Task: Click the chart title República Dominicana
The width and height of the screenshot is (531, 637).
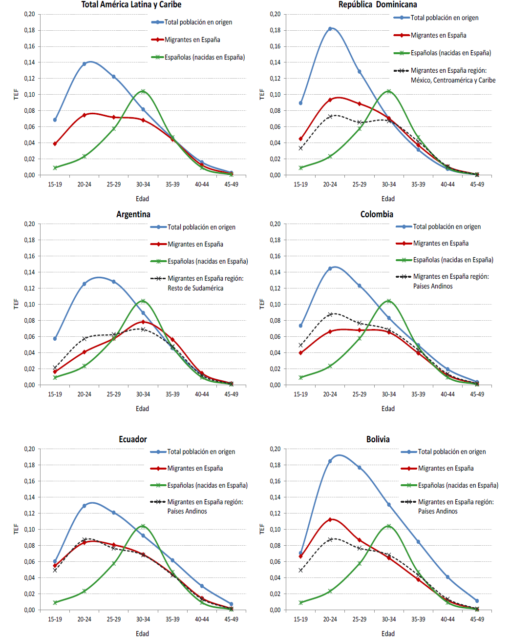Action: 378,5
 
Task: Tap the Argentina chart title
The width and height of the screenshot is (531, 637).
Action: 133,214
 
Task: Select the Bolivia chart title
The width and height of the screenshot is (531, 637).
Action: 378,439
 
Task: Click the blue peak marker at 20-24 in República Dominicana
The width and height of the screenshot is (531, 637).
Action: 330,29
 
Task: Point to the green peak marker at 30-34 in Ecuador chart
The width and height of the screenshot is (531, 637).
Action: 143,526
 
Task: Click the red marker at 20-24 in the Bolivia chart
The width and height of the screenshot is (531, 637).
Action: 330,519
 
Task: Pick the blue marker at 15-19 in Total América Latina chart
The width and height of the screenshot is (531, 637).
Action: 55,120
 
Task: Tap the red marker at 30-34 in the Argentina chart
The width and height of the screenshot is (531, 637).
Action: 143,322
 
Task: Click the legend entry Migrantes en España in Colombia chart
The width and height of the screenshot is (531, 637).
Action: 441,243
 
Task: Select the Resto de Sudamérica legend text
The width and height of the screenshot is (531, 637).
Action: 195,288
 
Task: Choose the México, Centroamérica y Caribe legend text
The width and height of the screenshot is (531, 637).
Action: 453,80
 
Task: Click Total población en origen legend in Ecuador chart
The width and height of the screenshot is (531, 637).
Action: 201,452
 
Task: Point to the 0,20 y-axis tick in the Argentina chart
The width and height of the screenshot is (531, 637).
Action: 30,224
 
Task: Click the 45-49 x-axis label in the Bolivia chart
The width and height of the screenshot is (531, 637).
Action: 477,619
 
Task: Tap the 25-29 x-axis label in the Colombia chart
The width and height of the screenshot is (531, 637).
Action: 360,394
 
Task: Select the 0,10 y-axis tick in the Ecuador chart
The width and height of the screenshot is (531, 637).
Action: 30,529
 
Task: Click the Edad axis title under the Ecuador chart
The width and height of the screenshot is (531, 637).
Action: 142,634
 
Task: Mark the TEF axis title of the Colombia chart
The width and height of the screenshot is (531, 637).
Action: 262,304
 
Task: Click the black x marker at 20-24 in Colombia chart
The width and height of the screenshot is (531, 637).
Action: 330,314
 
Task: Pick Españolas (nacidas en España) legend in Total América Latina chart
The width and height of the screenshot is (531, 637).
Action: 204,57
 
